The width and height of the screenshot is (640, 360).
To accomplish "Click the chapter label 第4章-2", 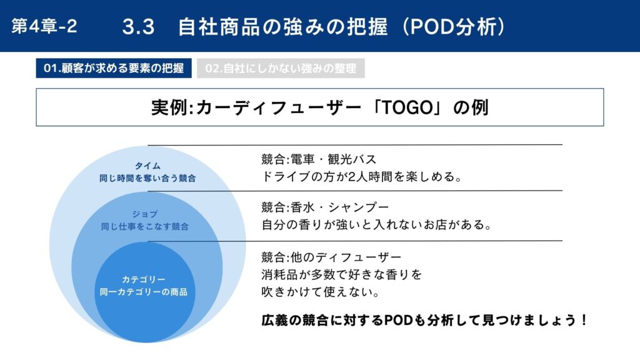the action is [44, 26].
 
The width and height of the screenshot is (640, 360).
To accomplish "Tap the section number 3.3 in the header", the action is [138, 27].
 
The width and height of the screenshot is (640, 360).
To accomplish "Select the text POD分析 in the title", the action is [454, 27].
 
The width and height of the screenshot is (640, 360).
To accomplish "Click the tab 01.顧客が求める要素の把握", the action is [114, 68].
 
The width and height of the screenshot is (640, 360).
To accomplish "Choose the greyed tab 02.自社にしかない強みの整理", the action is [281, 68].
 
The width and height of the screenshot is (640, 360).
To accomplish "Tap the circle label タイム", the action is [147, 166].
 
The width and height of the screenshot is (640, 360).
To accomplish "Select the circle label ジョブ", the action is [145, 214].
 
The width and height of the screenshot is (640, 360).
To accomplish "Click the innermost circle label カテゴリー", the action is [144, 279].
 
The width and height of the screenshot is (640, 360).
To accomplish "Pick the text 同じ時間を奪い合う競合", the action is [147, 178].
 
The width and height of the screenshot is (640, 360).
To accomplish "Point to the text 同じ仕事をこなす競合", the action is [145, 226].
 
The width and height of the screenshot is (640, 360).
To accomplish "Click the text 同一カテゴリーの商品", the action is [144, 292].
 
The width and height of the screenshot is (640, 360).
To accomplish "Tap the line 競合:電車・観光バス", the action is [319, 159].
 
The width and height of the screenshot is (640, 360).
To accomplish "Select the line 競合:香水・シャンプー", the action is [325, 207].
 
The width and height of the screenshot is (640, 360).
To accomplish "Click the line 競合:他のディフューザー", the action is [331, 257].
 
